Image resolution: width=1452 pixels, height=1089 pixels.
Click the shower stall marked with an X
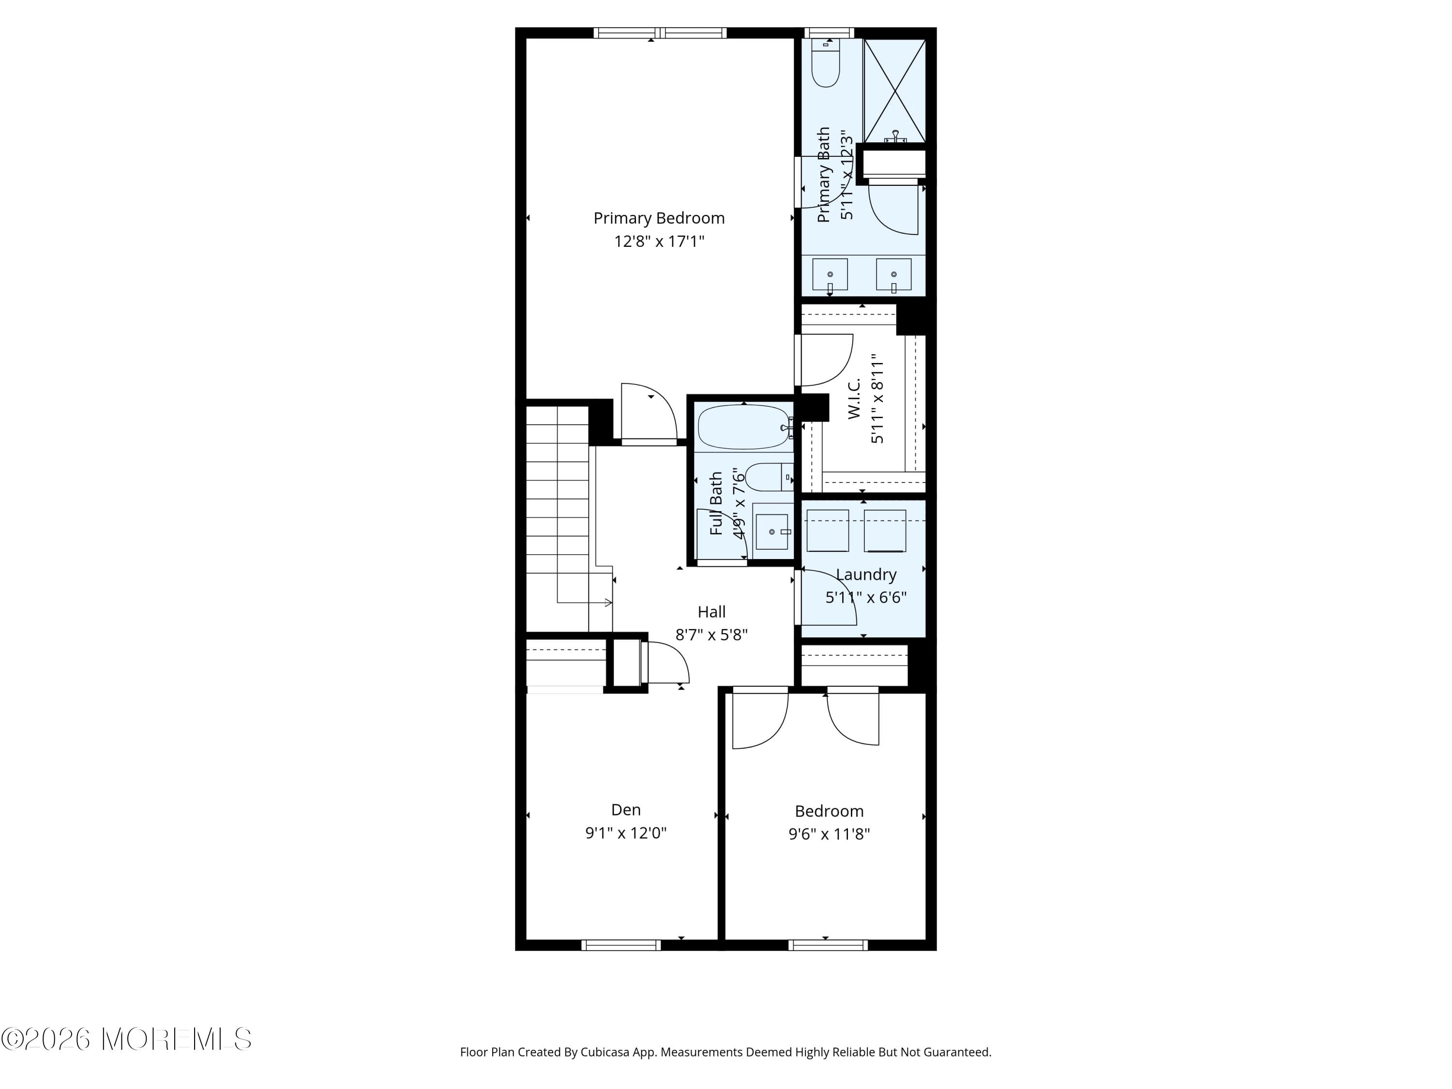pos(894,91)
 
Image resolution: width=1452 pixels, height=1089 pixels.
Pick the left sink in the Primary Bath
pos(830,274)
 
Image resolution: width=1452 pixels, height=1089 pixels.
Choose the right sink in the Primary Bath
pos(893,274)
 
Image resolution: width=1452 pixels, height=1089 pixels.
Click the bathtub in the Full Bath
pos(744,427)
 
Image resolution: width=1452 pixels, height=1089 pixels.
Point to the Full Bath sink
pos(772,531)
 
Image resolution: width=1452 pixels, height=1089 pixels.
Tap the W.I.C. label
pos(853,398)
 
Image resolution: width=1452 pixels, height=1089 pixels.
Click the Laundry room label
pos(866,575)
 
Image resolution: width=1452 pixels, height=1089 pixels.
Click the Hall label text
pos(711,612)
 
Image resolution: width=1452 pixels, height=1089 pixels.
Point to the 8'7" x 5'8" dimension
pos(711,635)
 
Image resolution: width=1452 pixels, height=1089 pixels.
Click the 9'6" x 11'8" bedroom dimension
pos(829,833)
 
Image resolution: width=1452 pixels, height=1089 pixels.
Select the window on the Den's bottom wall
pos(621,945)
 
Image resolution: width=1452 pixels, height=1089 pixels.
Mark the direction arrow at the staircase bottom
pos(607,603)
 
